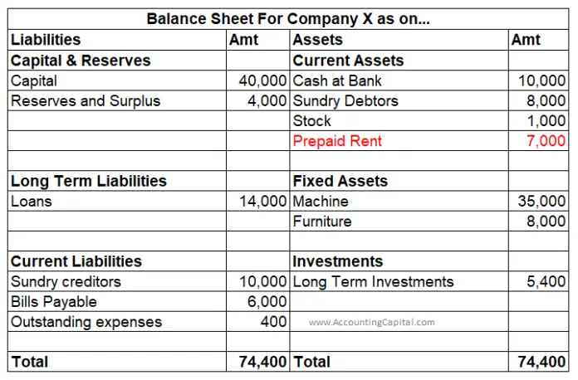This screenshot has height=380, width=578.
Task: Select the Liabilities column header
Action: pos(46,40)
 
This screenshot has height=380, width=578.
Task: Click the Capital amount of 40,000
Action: pos(263,80)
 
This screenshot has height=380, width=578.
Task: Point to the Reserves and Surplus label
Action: pos(86,100)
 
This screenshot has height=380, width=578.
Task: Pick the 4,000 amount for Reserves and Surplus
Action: pos(267,100)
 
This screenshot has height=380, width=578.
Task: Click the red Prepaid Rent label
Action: pos(337,141)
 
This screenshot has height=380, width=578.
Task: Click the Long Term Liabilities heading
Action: pos(88,181)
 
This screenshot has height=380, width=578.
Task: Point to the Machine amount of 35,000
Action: pos(542,201)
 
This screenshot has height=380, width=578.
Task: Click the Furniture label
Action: pos(322,222)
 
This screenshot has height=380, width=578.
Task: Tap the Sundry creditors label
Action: pos(66,281)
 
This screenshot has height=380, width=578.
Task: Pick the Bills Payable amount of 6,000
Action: pos(267,301)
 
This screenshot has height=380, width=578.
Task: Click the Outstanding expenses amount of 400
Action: pos(273,321)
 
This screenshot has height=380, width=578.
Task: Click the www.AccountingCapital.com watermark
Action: pos(371,322)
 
